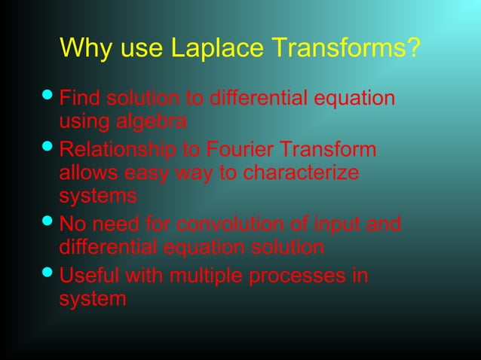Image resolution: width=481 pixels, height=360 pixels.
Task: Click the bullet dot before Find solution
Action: (47, 98)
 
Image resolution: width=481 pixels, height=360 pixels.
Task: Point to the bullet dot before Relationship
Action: (47, 148)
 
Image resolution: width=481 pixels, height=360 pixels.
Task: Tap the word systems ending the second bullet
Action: (98, 197)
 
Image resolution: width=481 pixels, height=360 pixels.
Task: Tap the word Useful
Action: (89, 275)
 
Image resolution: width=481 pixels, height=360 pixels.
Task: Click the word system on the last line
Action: (93, 300)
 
